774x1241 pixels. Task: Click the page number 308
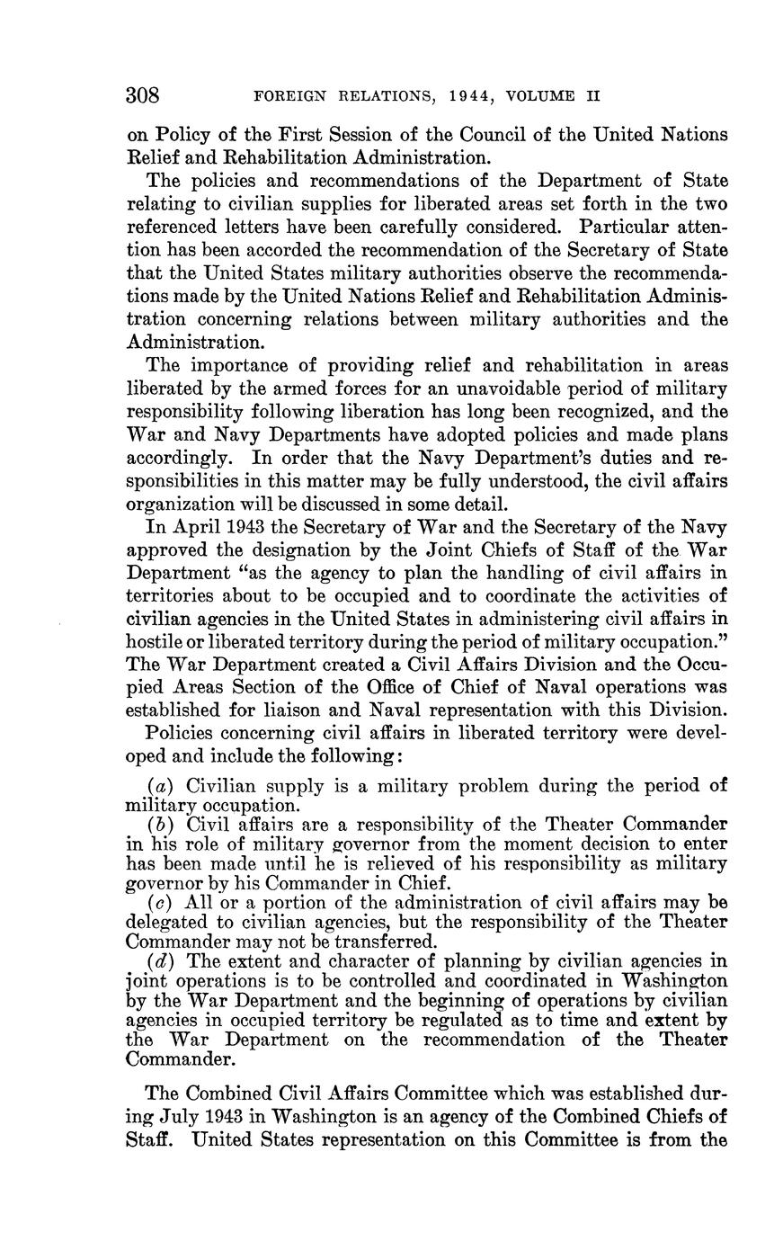pos(142,95)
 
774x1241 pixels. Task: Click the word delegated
pos(166,922)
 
